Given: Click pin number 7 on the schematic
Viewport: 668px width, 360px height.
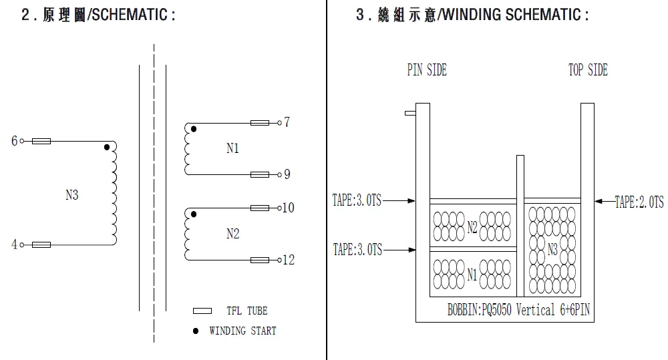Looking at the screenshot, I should [x=287, y=122].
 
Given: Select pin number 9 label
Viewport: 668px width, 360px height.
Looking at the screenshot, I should [x=287, y=174].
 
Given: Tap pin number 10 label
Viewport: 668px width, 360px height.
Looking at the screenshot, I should [x=289, y=208].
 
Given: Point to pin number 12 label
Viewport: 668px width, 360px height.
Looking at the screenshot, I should [x=289, y=260].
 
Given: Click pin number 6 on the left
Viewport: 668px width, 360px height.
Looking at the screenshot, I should [x=13, y=141].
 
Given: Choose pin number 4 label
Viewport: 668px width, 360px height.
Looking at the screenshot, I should [x=13, y=244].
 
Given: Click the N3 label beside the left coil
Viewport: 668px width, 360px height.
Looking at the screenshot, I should [x=71, y=195].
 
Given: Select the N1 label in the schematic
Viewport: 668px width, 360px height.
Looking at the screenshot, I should [x=232, y=149].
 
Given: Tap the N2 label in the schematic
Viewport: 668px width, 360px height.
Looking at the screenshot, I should [x=232, y=234].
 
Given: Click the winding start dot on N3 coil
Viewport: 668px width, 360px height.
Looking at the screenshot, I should [x=107, y=147].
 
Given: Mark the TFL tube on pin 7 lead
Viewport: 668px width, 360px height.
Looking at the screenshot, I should [x=260, y=123].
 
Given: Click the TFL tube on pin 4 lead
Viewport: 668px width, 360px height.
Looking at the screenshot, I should [x=41, y=245].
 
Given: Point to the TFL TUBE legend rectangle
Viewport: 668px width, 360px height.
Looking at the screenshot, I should [x=202, y=311].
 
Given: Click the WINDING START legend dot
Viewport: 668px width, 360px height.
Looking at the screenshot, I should [x=195, y=331].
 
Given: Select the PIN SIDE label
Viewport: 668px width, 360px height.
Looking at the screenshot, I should [x=427, y=70].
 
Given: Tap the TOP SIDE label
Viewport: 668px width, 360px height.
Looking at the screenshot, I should [x=588, y=70].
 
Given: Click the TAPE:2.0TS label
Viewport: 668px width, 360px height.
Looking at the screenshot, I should [x=639, y=202].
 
